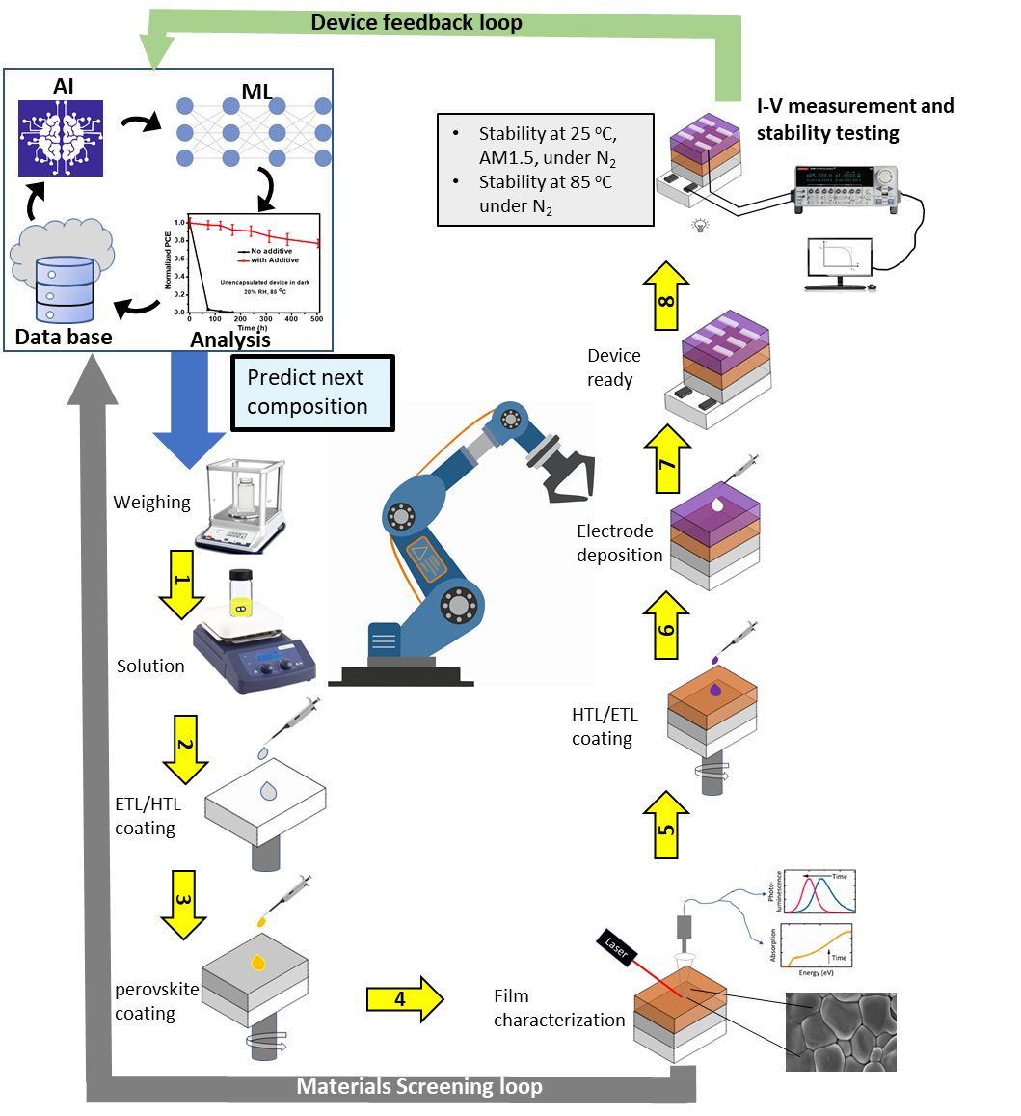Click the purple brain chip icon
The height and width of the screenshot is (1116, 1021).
pos(61,138)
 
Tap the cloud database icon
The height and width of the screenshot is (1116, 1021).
pos(62,270)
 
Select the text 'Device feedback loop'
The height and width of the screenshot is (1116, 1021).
pos(416,23)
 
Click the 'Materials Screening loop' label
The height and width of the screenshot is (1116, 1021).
pos(419,1087)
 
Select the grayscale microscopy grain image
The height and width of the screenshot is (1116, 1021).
pos(841,1031)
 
